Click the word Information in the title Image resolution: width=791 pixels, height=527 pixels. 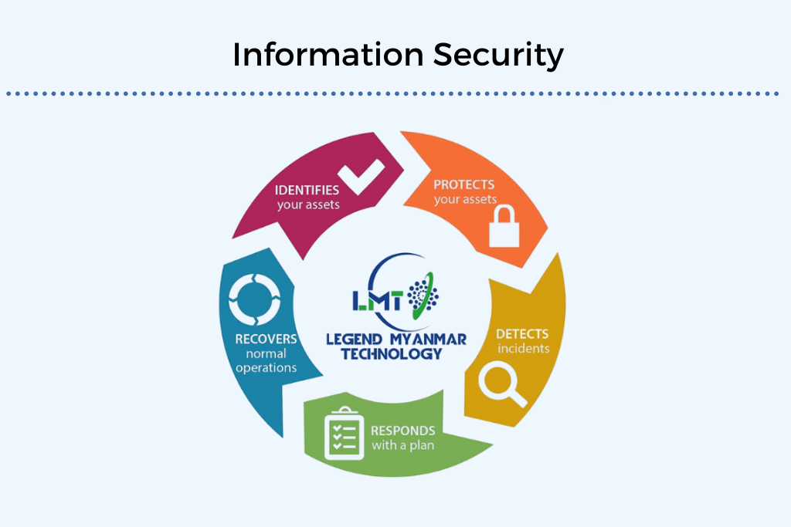[x=328, y=55]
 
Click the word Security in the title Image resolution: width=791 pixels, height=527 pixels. [x=498, y=56]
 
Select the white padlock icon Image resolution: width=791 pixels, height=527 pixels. [x=504, y=226]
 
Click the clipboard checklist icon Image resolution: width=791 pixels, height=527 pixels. [x=344, y=434]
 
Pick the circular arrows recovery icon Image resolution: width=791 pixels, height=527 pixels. [x=254, y=300]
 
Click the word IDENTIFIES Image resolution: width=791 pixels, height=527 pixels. [x=307, y=191]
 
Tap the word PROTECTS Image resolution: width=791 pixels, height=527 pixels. [x=464, y=184]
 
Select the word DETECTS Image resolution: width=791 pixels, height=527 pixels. [x=522, y=334]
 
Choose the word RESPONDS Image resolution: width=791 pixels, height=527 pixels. [x=403, y=431]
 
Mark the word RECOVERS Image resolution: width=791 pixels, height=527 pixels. [x=266, y=339]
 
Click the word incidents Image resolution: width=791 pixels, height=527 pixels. [x=524, y=349]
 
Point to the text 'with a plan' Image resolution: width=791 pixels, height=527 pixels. [x=403, y=445]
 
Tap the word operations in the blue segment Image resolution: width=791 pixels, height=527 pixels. [x=266, y=368]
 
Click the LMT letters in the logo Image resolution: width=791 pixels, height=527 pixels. [x=378, y=300]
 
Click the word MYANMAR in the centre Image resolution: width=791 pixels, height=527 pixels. [x=428, y=340]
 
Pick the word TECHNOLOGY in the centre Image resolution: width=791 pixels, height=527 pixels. [x=392, y=354]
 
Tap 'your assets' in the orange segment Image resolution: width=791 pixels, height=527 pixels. [x=465, y=200]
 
